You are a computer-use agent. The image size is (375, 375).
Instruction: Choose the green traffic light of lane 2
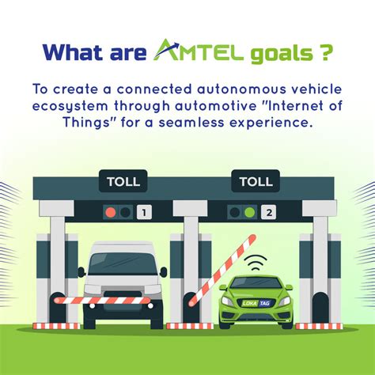point(249,212)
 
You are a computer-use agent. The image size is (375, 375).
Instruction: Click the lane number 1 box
point(142,212)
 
